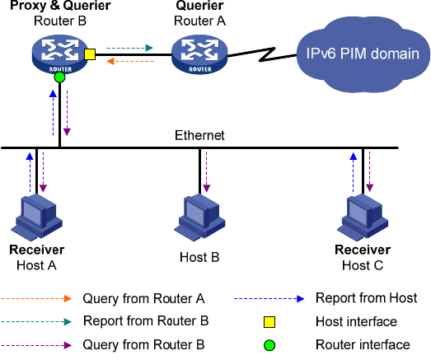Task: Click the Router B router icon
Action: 60,54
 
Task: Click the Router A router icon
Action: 199,54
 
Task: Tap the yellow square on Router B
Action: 90,54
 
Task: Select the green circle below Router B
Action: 59,77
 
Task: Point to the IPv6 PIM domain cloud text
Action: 363,54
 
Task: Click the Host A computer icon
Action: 36,217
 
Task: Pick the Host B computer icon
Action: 199,217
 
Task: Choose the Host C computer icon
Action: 363,217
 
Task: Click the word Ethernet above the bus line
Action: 199,135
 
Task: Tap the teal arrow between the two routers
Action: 129,48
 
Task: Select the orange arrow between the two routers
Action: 129,61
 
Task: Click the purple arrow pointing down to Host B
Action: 206,171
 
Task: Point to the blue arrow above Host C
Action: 354,172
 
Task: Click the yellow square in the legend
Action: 269,322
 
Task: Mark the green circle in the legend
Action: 269,345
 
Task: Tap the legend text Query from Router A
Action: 143,298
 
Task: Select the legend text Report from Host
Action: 367,298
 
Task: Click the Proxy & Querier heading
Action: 60,6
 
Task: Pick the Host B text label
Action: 199,258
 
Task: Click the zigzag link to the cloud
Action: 263,54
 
